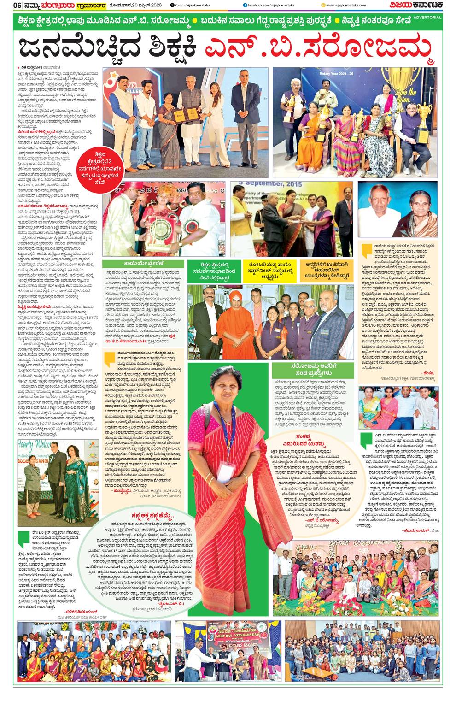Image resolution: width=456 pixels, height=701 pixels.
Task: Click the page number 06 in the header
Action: (x=7, y=5)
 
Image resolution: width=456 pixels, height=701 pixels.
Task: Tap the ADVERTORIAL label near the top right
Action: (x=427, y=17)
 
